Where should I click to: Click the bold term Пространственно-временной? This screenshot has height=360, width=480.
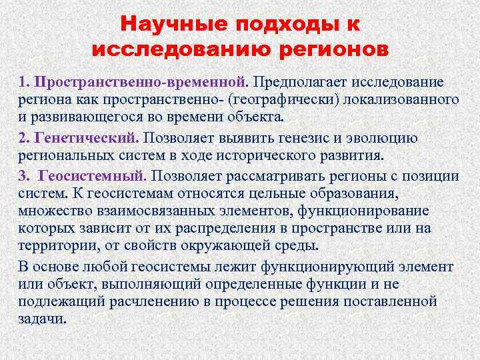pos(141,82)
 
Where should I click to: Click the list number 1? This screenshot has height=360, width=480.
pos(23,82)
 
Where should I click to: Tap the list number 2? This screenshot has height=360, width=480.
pos(23,139)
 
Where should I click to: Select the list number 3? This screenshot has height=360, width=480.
pos(23,177)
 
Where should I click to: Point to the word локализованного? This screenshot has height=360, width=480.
pos(405,100)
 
